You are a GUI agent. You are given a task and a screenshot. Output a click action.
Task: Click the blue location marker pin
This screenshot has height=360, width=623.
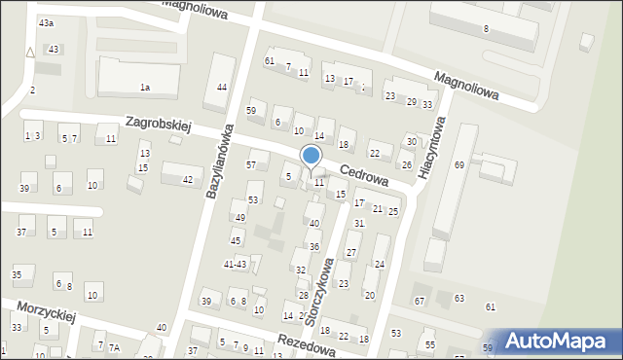(311, 156)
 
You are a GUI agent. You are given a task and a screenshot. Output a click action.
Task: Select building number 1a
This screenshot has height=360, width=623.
(145, 88)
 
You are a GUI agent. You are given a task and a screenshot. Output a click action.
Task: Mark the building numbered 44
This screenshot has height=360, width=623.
(222, 88)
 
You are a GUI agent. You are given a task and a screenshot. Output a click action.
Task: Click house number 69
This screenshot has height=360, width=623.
(459, 165)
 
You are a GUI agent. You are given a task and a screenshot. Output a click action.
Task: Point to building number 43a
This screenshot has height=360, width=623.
(46, 22)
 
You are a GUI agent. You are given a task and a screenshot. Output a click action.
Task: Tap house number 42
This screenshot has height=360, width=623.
(187, 180)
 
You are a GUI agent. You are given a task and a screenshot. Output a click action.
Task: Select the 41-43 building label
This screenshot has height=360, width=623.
(236, 264)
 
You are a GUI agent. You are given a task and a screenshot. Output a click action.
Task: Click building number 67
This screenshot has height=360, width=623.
(420, 301)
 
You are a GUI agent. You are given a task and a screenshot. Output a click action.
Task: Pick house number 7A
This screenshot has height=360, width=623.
(114, 347)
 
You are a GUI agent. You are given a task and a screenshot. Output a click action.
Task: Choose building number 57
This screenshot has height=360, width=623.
(251, 165)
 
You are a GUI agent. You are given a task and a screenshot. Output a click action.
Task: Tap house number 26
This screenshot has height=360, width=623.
(406, 166)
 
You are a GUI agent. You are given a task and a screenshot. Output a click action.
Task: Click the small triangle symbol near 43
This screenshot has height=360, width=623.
(30, 53)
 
